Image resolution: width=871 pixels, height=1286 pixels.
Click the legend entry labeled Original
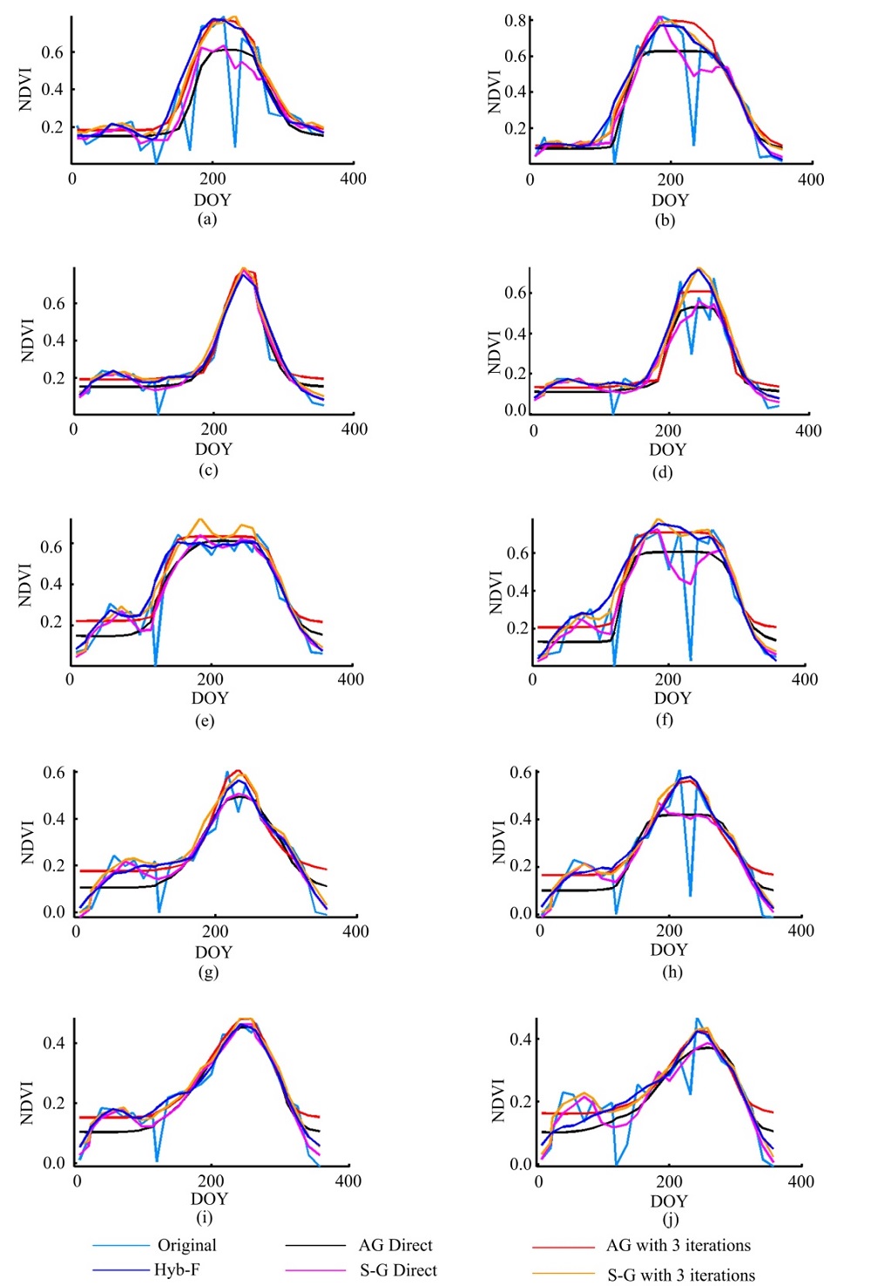186,1245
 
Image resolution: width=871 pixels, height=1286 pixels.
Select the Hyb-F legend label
177,1269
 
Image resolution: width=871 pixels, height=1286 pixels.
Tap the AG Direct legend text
395,1245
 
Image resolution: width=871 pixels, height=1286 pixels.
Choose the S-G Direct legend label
398,1270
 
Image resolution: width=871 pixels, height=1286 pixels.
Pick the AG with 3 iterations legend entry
678,1245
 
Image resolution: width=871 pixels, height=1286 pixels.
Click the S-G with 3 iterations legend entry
681,1275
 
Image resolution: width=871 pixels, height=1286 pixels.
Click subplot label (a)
207,219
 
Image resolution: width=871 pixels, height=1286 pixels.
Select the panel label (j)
670,1219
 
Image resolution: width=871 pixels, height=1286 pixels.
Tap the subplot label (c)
208,470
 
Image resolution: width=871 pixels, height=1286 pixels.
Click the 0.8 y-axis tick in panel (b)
515,21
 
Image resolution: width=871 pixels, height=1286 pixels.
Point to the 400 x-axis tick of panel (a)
353,179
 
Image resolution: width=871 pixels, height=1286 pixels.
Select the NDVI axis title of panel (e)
25,585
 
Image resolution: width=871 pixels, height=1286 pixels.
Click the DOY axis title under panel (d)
667,450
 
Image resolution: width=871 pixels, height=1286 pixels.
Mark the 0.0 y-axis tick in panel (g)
54,912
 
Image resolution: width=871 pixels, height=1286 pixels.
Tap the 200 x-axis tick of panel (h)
669,931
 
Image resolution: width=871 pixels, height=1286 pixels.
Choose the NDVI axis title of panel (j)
498,1100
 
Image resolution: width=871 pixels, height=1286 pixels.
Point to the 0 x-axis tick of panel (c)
73,429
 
